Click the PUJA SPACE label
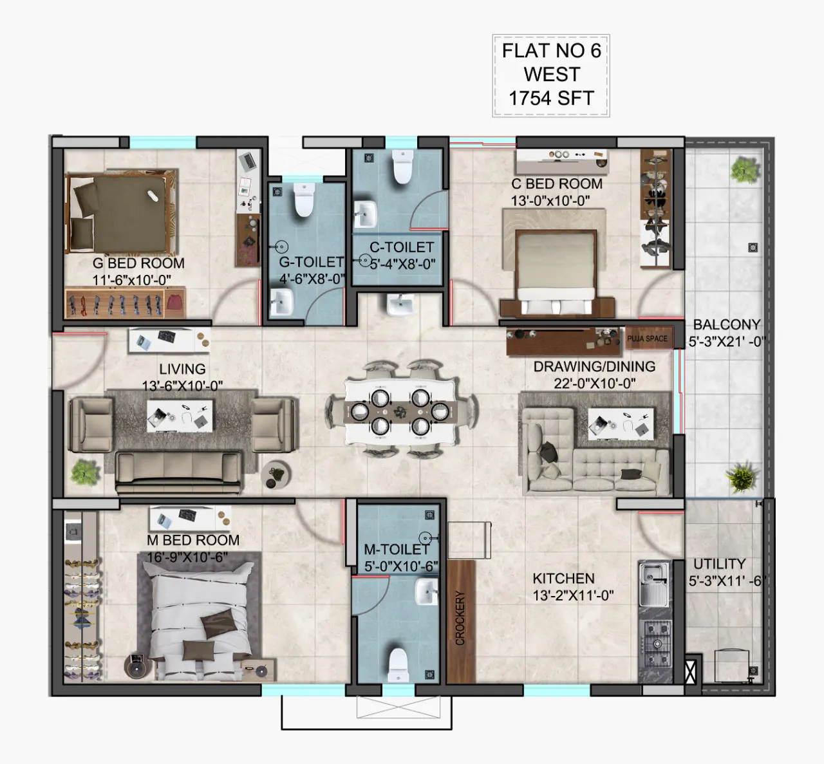click(x=647, y=339)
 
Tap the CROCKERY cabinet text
click(x=460, y=618)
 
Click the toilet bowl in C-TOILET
click(x=402, y=167)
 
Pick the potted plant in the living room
click(x=84, y=472)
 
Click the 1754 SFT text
click(x=552, y=98)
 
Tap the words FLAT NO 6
click(x=552, y=51)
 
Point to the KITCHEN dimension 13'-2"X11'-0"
click(x=573, y=596)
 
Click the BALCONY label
click(x=727, y=324)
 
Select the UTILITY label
click(x=720, y=564)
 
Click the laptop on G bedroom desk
click(x=248, y=161)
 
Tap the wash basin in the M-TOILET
click(x=427, y=592)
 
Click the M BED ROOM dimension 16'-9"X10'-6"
click(x=187, y=557)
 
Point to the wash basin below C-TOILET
click(x=400, y=305)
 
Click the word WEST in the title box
click(x=552, y=74)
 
